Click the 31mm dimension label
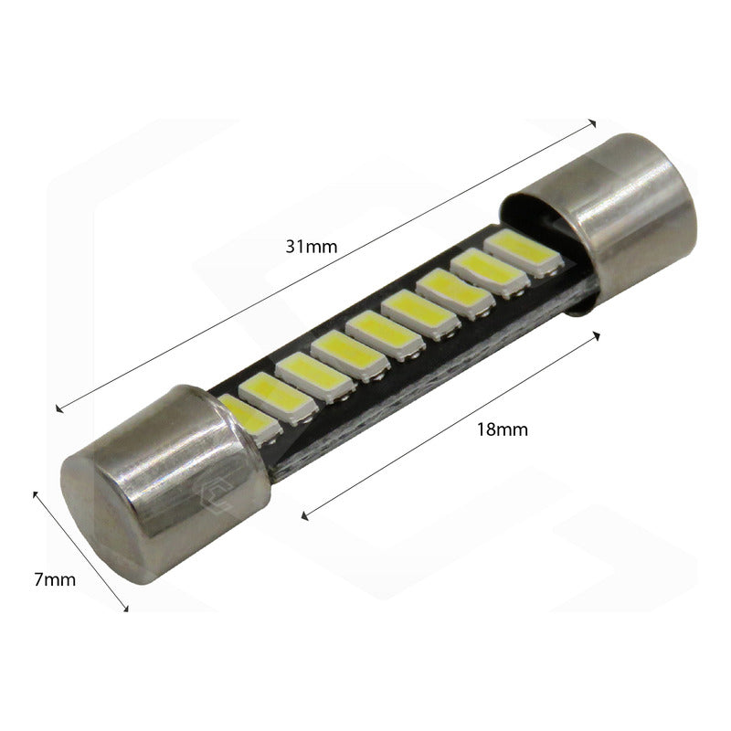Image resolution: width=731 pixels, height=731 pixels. (307, 246)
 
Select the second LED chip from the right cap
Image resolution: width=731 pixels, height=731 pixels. (481, 270)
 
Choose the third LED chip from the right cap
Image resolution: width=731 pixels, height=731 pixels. (445, 290)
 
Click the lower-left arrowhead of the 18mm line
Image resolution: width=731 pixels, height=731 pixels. (303, 517)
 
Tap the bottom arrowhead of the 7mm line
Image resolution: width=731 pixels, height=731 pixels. (126, 608)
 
